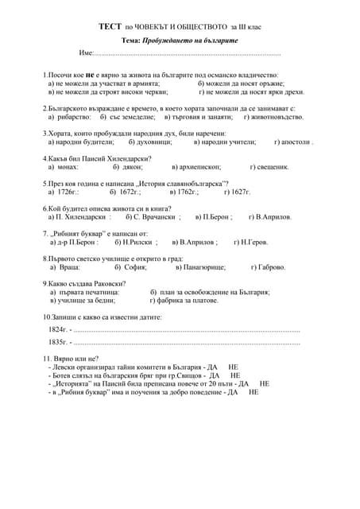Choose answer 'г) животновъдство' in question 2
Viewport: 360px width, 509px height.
tap(273, 117)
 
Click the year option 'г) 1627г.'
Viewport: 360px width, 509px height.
tap(238, 192)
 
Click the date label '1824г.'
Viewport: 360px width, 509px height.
tap(58, 328)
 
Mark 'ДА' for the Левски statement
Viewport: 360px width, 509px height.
tap(210, 367)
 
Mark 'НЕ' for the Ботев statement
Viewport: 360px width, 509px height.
tap(235, 375)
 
